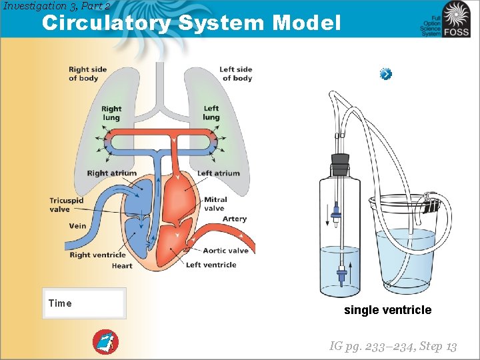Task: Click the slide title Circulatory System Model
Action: point(191,23)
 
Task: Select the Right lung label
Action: point(111,113)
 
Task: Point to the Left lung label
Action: point(211,113)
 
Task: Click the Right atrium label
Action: point(111,173)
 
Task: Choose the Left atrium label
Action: point(219,173)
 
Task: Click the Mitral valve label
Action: point(215,203)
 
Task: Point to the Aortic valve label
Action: point(225,251)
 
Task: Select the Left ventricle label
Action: point(211,265)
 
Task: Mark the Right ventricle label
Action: point(97,255)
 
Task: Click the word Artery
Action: point(234,219)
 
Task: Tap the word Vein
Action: point(77,226)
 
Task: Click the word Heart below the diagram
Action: point(122,266)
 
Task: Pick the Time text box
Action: point(84,303)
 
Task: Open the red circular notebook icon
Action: point(105,342)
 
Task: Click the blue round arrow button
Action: point(386,74)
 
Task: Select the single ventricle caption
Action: point(387,310)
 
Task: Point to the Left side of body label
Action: point(236,73)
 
